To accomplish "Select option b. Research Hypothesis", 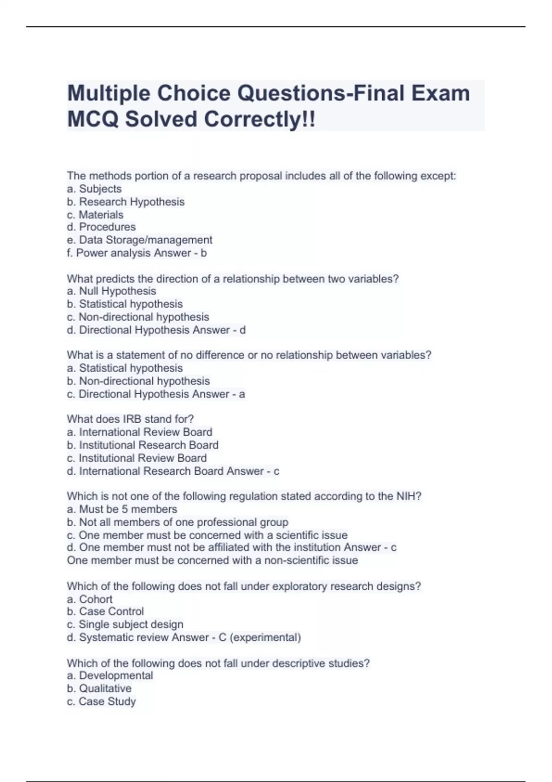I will pos(126,202).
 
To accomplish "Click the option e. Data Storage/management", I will pos(139,240).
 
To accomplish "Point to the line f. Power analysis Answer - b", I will pos(137,253).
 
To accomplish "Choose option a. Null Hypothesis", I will pos(111,291).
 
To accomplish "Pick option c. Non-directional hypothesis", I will pos(138,317).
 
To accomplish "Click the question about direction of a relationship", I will pos(232,279).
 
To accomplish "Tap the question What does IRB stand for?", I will pos(130,419).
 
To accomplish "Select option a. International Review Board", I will pos(139,432).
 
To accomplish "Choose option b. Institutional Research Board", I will pos(142,445).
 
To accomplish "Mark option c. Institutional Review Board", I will pos(137,458).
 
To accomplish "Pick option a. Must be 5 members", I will pos(122,509).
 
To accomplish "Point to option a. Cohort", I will pos(90,599).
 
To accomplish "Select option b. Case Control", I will pos(105,611).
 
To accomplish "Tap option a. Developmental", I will pos(110,676).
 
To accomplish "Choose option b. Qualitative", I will pos(99,689).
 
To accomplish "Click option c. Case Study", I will pos(101,701).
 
